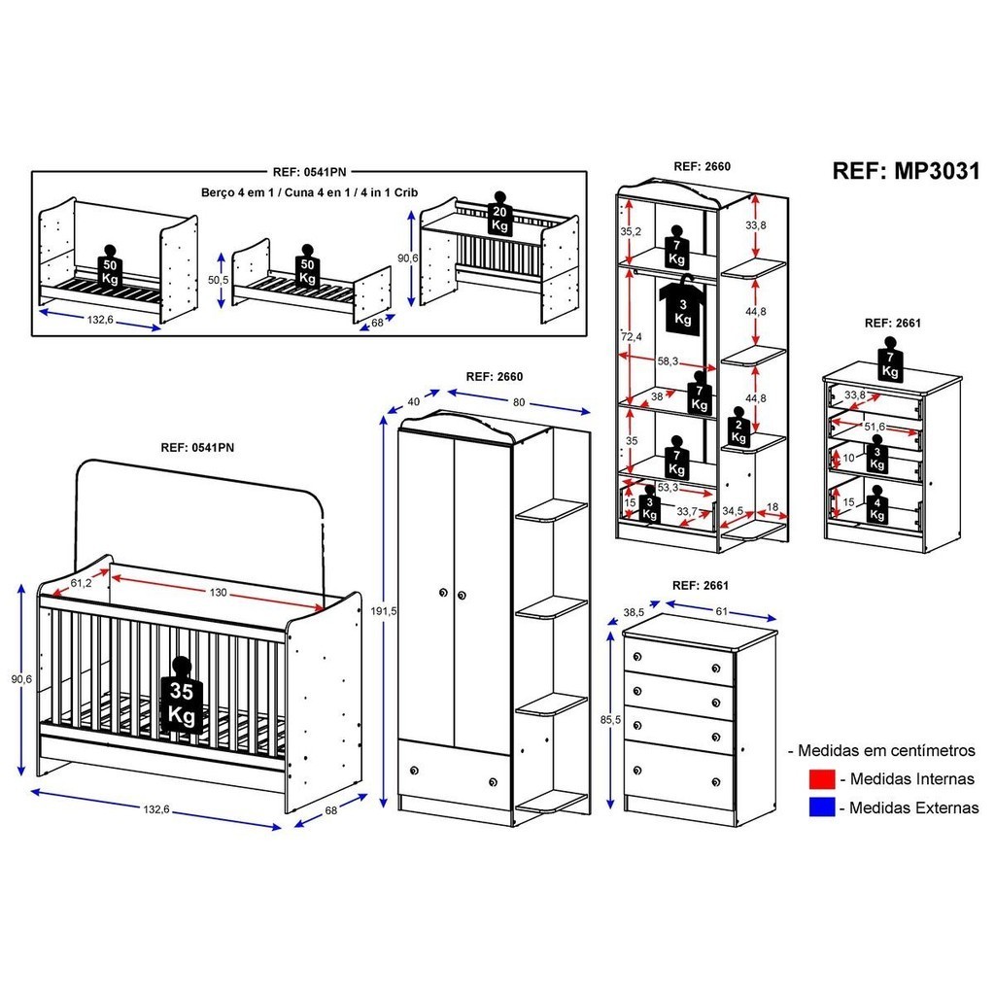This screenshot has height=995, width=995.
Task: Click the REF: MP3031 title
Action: pos(906,171)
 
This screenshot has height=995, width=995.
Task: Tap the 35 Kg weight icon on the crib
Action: pos(183,698)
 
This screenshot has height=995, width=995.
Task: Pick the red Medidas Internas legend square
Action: pos(821,778)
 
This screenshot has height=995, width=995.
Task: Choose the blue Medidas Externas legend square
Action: pos(821,806)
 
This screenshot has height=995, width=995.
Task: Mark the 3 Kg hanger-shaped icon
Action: pos(683,306)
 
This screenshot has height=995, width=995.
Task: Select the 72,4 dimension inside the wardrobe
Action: pos(632,337)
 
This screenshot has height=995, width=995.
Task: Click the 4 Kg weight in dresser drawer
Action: pos(877,506)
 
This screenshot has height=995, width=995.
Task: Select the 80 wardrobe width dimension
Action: pos(520,401)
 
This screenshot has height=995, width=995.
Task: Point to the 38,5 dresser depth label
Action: pos(634,613)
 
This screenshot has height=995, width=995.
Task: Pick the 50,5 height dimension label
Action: pos(220,279)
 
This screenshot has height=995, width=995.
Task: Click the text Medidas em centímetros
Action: pos(885,750)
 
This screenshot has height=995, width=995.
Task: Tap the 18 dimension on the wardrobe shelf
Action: pos(772,507)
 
